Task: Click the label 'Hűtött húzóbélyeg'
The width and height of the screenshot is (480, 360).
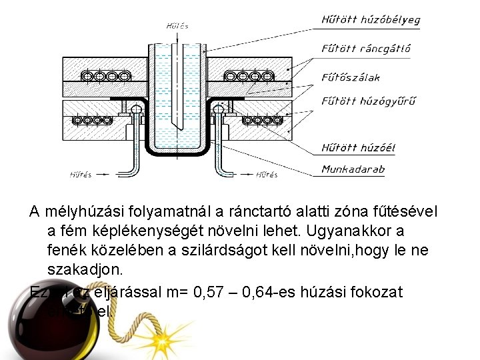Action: pyautogui.click(x=371, y=19)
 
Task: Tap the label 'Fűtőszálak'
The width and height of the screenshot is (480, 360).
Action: pyautogui.click(x=351, y=77)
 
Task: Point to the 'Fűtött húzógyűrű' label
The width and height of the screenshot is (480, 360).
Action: pyautogui.click(x=369, y=101)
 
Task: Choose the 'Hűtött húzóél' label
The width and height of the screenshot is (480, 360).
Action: pyautogui.click(x=357, y=147)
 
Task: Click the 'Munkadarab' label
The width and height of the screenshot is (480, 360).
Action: pyautogui.click(x=353, y=169)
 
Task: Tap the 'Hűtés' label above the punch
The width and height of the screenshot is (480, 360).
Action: pyautogui.click(x=177, y=26)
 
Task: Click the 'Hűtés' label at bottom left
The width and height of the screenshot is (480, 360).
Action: pyautogui.click(x=81, y=175)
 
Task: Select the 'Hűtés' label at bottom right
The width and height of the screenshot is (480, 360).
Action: pyautogui.click(x=267, y=175)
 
